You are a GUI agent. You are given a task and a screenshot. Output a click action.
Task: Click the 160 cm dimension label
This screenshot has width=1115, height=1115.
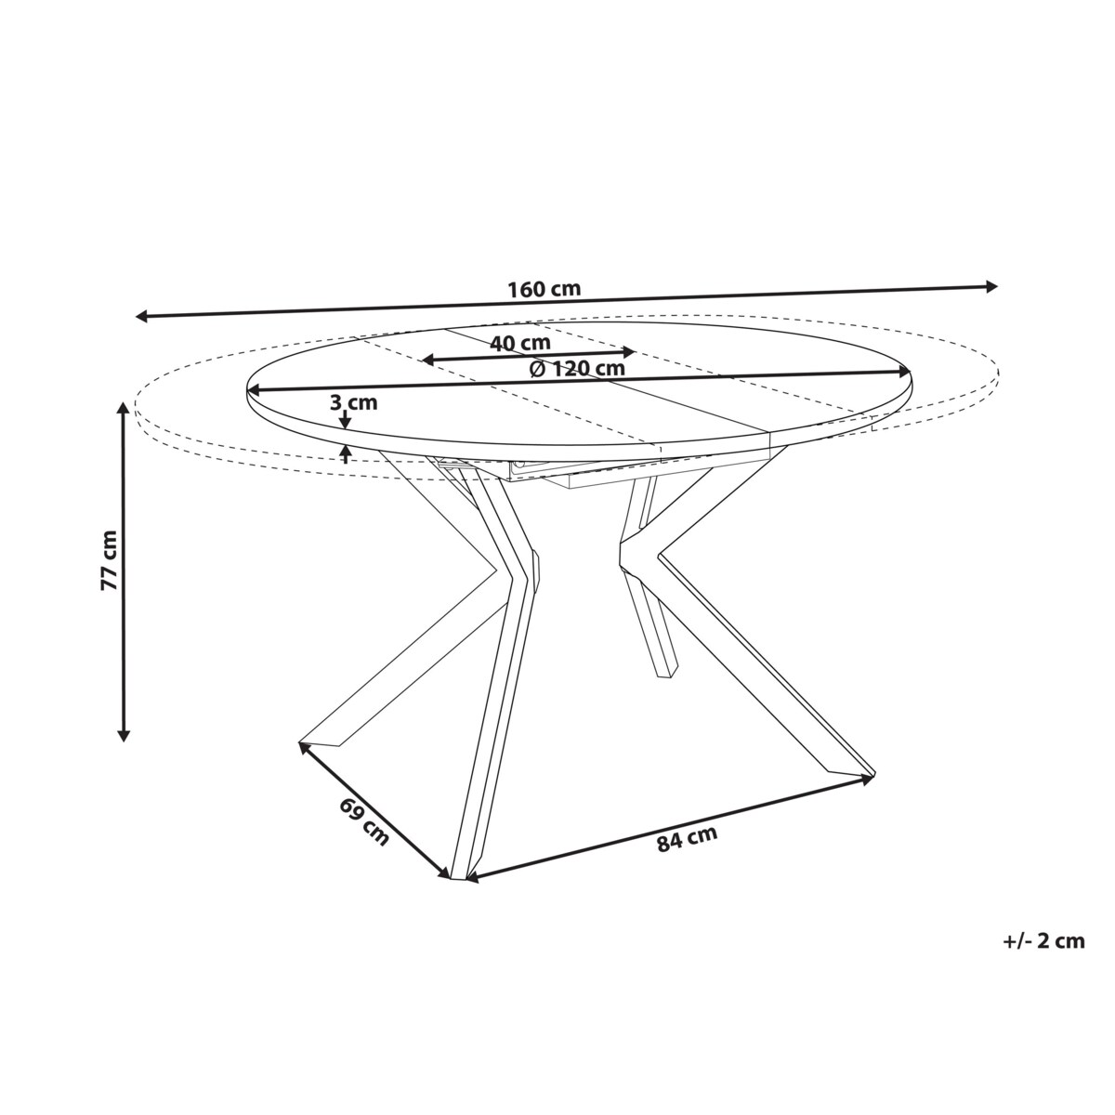pos(544,289)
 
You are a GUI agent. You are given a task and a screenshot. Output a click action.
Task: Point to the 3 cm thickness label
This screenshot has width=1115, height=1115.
pos(353,402)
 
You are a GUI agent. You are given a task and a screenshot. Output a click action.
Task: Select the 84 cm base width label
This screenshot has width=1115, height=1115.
pos(687,839)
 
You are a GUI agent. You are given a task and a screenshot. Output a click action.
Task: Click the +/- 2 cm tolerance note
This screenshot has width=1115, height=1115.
pos(1043,941)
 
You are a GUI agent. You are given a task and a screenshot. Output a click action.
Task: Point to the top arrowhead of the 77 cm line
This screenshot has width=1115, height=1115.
pos(122,408)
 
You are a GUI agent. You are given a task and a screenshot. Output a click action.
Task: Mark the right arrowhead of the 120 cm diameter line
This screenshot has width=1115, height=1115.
pos(905,372)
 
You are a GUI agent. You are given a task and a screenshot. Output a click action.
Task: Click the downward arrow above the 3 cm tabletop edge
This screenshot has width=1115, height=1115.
pos(346,423)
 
